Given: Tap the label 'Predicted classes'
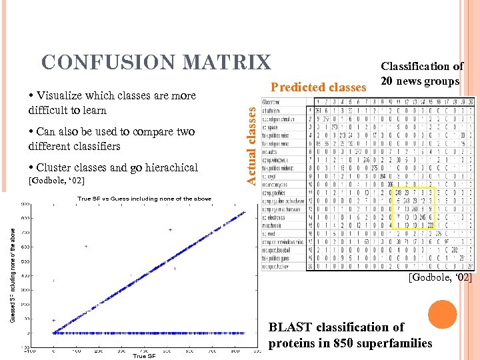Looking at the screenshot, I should tap(318, 87).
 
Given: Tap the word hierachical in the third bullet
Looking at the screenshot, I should tap(164, 167).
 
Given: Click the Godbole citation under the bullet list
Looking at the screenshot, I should tap(57, 181).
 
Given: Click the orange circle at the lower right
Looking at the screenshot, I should tap(442, 314).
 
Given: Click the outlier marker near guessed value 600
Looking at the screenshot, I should tap(85, 246).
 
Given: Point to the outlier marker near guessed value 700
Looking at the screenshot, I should tap(171, 230).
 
